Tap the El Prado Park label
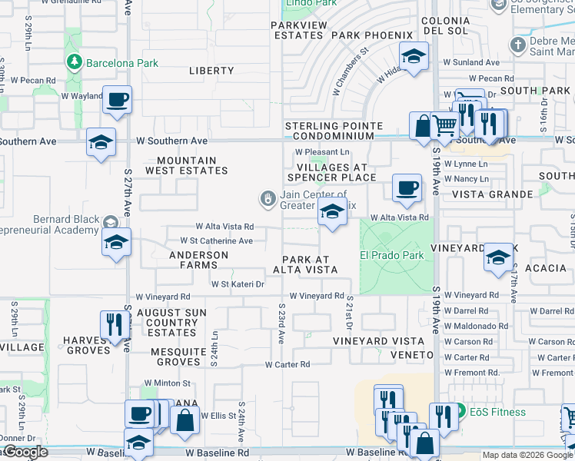point(392,254)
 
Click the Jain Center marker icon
point(268,200)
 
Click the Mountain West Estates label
point(187,165)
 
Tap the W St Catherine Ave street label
point(212,240)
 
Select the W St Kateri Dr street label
point(238,284)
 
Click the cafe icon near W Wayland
point(118,101)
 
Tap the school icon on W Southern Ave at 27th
point(101,143)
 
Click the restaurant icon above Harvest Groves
point(111,324)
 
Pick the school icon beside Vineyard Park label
point(498,258)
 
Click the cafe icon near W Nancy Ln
point(407,187)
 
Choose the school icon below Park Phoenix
point(414,57)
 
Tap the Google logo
point(25,452)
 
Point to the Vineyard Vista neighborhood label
point(379,340)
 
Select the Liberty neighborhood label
point(211,71)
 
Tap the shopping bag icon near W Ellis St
point(185,421)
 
